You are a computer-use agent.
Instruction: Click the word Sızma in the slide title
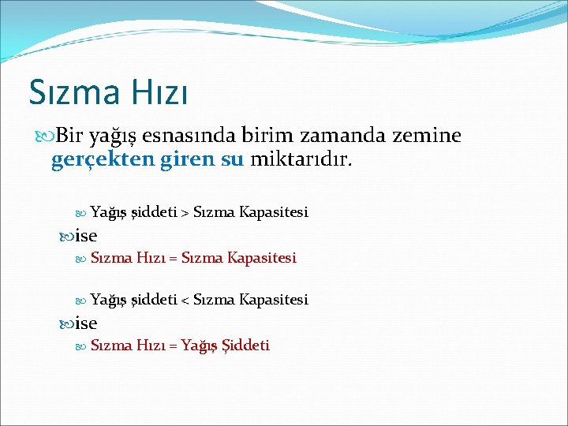pyautogui.click(x=72, y=92)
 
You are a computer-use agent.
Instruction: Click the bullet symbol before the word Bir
pyautogui.click(x=45, y=136)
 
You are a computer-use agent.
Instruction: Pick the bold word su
pyautogui.click(x=233, y=160)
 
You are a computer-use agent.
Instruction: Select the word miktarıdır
pyautogui.click(x=302, y=160)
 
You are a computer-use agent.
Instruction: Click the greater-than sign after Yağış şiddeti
pyautogui.click(x=185, y=212)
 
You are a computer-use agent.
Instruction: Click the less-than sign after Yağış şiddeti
pyautogui.click(x=185, y=300)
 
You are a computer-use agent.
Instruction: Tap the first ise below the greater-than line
pyautogui.click(x=86, y=235)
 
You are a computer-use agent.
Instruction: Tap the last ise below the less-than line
pyautogui.click(x=86, y=323)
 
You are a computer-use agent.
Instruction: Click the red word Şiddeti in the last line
pyautogui.click(x=246, y=346)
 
